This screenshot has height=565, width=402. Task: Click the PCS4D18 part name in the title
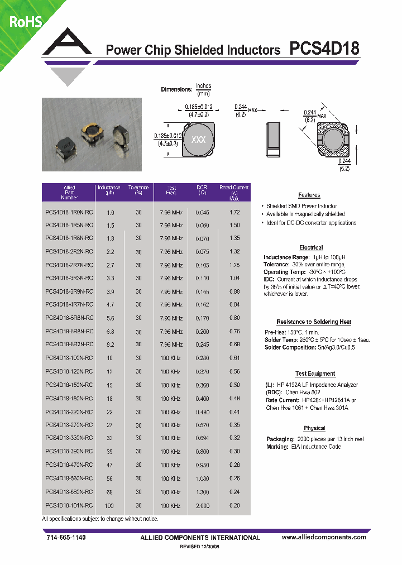coord(324,49)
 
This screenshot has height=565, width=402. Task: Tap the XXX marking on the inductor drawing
coord(198,140)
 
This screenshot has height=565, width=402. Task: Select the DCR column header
coord(202,190)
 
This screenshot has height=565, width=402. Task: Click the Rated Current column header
coord(234,193)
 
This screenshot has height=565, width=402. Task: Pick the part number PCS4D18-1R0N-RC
coord(69,213)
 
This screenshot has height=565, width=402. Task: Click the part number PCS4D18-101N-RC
coord(69,505)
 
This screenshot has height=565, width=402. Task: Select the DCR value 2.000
coord(203,506)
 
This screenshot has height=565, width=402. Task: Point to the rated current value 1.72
coord(234,213)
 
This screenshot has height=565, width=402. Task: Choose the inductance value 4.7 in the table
coord(110,305)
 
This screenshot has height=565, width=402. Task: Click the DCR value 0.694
coord(203,439)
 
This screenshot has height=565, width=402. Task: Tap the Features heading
coord(309,195)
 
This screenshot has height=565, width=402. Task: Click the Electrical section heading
coord(311,247)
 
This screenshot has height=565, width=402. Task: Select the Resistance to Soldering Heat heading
coord(314,322)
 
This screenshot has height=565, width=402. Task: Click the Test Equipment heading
coord(315,374)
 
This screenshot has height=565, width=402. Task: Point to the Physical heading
coord(314,428)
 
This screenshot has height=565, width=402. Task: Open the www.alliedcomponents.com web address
coord(324,537)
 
